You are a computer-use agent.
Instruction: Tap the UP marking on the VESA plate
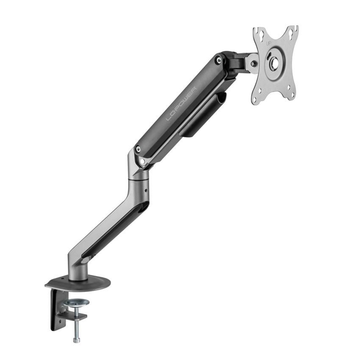268,44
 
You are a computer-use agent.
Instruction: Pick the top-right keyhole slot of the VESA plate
291,31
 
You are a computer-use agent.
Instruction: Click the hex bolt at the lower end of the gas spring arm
138,149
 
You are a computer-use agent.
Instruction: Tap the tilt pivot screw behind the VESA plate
253,64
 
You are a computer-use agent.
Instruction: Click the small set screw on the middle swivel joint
146,191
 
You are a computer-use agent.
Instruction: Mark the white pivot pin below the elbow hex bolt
143,161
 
